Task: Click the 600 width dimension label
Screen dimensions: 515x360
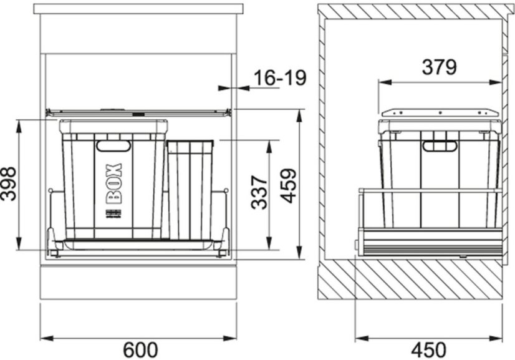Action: tap(140, 350)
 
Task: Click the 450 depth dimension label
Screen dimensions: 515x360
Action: tap(428, 350)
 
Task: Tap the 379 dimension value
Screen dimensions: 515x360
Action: tap(439, 67)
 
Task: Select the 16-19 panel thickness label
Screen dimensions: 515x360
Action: tap(280, 77)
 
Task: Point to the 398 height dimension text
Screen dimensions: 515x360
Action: tap(8, 183)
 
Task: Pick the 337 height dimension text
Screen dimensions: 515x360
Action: tap(259, 192)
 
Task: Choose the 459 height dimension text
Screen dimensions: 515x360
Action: tap(289, 186)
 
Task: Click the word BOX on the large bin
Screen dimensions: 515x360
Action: tap(114, 183)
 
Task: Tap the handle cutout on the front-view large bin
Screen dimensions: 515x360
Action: tap(113, 146)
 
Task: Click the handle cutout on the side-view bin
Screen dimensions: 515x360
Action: tap(440, 146)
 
